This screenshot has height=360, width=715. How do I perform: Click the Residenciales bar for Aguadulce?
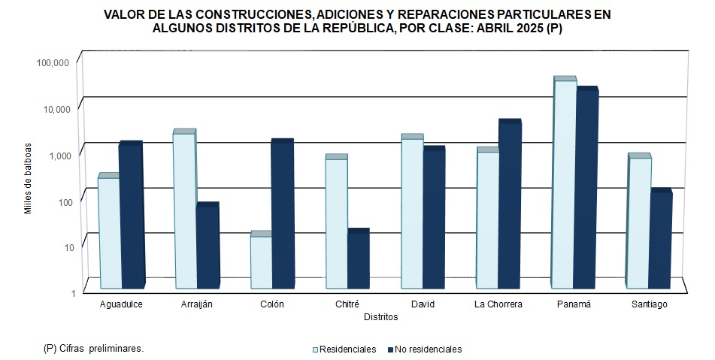109,233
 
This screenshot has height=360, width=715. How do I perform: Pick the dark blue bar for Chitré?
359,260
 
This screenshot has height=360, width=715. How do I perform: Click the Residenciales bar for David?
412,213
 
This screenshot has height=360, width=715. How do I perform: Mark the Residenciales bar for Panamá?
564,184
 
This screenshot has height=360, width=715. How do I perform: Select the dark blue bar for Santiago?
661,240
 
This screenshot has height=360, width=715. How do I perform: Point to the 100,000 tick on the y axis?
53,62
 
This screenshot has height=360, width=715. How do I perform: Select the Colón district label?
272,304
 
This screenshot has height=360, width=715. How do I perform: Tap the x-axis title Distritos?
380,317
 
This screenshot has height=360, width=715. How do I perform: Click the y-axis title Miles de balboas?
28,177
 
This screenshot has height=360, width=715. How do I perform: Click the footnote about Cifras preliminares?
94,349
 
